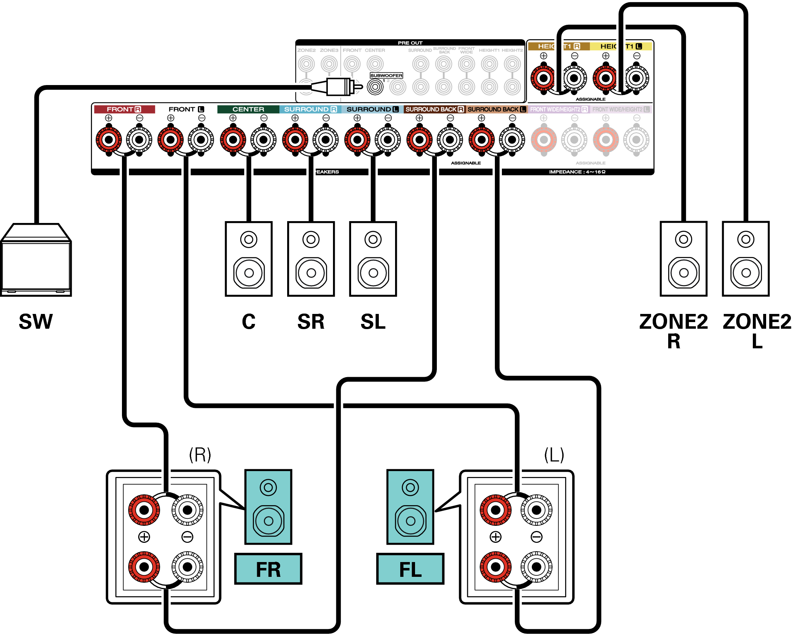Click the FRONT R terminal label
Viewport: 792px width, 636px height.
tap(124, 109)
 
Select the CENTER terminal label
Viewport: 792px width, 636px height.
tap(248, 109)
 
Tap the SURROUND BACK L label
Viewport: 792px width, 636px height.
tap(496, 109)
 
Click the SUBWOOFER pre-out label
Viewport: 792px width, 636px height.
tap(386, 75)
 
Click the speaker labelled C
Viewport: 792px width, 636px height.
tap(249, 259)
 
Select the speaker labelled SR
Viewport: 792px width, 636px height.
tap(311, 259)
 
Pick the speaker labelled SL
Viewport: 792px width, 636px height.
tap(373, 259)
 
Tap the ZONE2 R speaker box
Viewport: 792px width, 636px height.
tap(683, 259)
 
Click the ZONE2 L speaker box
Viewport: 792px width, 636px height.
tap(745, 259)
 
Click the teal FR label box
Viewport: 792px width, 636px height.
tap(268, 569)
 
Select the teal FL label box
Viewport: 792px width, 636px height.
tap(410, 569)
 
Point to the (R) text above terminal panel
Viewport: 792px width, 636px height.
tap(200, 455)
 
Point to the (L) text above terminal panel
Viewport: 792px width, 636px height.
tap(554, 455)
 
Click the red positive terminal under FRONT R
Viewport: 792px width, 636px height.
tap(109, 140)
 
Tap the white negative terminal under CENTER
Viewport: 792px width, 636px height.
tap(264, 140)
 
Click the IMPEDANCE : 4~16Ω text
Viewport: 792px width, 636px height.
tap(577, 172)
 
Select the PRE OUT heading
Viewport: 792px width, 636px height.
tap(410, 43)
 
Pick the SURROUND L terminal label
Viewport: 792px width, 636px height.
tap(372, 109)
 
